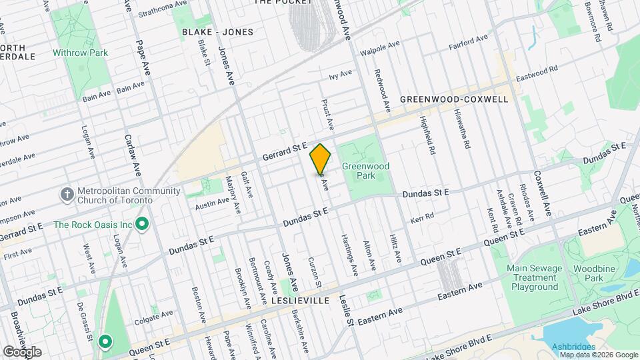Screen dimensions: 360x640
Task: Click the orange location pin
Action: [321, 159]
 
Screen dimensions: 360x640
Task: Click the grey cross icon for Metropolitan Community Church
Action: [67, 195]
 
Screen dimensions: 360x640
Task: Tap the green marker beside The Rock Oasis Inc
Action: [141, 225]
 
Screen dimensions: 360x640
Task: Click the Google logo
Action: [21, 351]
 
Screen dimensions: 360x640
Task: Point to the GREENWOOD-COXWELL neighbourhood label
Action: [454, 99]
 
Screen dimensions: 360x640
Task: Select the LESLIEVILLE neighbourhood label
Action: [300, 301]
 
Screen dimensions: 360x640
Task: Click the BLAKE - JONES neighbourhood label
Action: [217, 31]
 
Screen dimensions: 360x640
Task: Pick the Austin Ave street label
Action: [213, 203]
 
